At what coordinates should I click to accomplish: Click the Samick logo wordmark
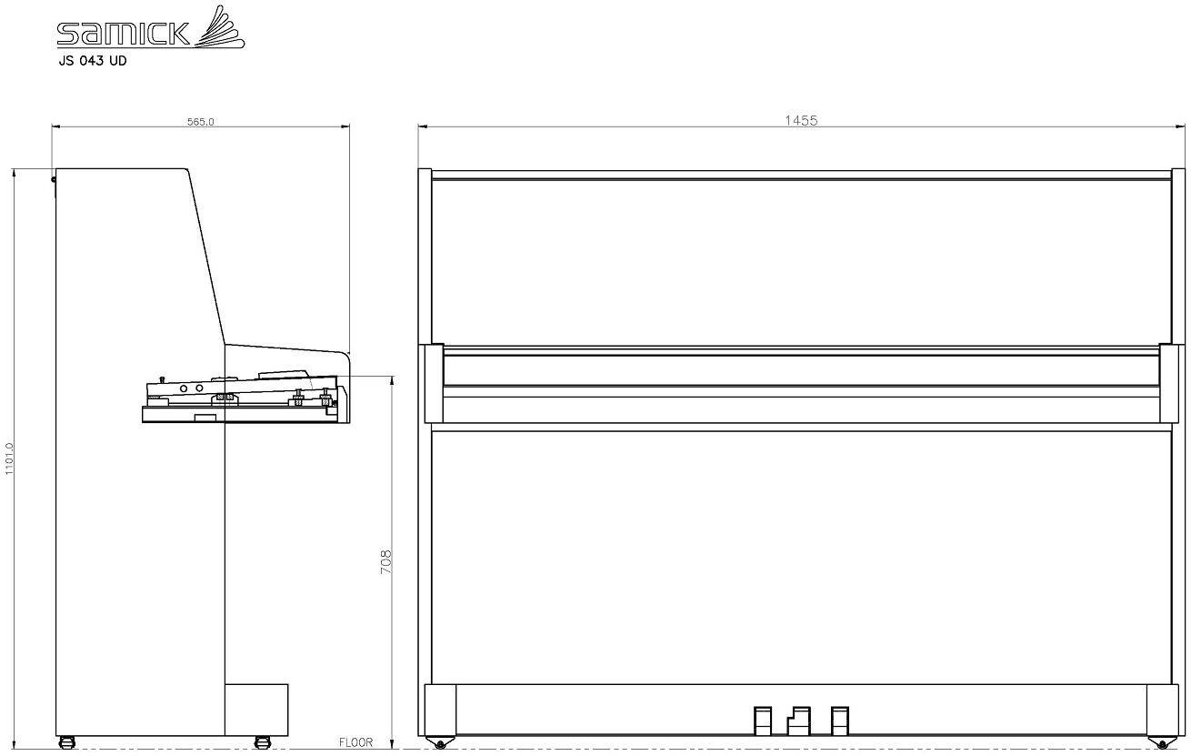123,33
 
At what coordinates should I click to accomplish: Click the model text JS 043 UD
93,61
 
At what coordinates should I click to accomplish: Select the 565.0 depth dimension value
200,122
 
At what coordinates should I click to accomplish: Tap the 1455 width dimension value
801,121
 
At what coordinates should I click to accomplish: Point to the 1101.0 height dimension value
9,459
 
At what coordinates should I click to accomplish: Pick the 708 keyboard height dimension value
386,562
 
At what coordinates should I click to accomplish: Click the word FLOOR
355,742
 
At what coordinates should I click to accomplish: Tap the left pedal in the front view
763,721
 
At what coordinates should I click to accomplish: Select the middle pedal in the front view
798,721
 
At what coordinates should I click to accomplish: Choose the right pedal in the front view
840,721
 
